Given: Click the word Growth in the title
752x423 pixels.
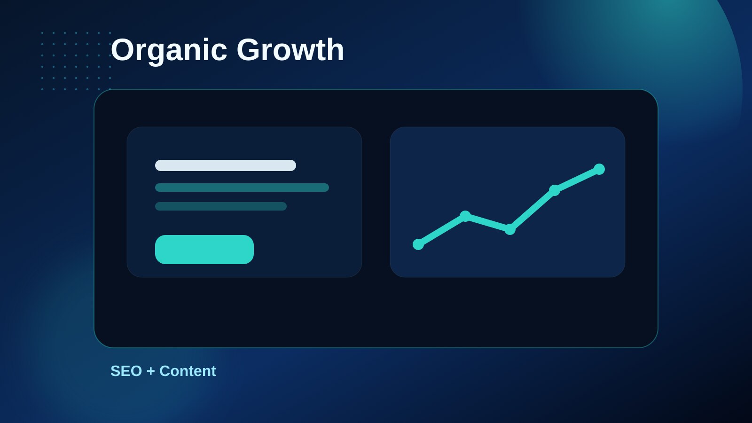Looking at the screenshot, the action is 290,49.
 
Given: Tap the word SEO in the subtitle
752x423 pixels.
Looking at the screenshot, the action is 126,371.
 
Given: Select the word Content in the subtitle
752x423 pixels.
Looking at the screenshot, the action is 188,371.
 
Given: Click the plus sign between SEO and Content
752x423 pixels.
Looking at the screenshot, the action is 151,371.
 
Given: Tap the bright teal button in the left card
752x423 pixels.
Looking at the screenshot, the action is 204,250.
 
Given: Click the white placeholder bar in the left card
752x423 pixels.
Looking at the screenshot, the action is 225,165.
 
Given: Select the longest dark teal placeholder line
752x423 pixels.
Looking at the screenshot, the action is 242,188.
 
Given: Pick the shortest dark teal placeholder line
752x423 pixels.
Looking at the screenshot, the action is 220,206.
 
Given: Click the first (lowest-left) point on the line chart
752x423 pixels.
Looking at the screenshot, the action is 418,244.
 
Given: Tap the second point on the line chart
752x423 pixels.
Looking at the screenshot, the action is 465,216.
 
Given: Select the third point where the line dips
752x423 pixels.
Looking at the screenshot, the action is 509,229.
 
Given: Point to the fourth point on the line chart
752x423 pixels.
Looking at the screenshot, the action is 554,190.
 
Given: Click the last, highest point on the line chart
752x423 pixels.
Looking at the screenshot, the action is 599,169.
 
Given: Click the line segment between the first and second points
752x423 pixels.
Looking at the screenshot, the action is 441,230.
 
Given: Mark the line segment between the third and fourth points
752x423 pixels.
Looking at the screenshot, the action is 532,210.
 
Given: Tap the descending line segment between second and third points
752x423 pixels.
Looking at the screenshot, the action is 487,223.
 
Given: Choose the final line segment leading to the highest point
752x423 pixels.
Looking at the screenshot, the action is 577,180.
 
